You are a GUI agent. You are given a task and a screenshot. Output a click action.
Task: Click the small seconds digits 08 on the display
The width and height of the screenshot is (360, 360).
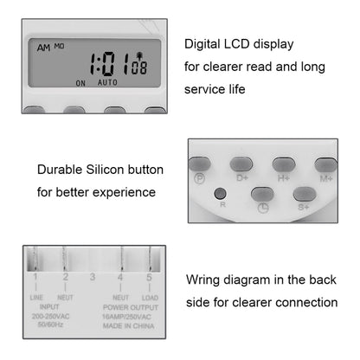[x=140, y=68]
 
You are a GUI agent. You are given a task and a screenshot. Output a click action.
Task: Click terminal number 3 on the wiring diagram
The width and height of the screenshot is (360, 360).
[x=93, y=280]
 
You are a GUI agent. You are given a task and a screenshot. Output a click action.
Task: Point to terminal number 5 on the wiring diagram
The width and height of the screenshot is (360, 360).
[x=149, y=280]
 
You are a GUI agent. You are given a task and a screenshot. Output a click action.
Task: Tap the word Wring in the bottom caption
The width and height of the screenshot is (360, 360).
[x=204, y=280]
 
